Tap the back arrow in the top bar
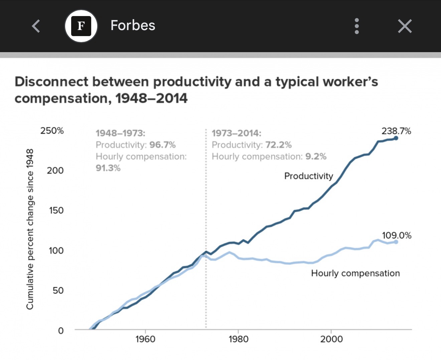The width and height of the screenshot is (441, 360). click(x=36, y=26)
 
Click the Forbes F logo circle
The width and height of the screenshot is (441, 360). click(x=81, y=26)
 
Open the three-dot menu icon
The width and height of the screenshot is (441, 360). click(x=357, y=26)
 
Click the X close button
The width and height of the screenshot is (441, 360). click(x=405, y=26)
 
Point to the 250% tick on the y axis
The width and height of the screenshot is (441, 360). click(x=52, y=131)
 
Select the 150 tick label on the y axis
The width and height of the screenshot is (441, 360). click(x=56, y=210)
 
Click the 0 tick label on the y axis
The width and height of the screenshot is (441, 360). click(x=60, y=330)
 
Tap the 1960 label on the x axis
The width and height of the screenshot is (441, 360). click(x=145, y=339)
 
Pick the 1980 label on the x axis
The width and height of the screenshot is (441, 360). click(x=238, y=339)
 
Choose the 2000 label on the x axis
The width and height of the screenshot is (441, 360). click(x=331, y=339)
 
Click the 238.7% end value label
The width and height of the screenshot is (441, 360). click(x=396, y=131)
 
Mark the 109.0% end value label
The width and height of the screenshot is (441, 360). click(x=397, y=235)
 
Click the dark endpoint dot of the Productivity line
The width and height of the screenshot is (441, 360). click(x=396, y=138)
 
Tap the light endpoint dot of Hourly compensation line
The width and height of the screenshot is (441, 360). click(x=396, y=242)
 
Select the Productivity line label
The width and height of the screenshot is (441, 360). click(x=308, y=176)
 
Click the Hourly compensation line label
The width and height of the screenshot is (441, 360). click(x=355, y=273)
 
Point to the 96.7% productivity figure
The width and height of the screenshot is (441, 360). click(x=162, y=145)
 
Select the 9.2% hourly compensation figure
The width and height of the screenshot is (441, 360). click(x=316, y=156)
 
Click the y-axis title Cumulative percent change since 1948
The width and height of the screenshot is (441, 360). click(x=30, y=229)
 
